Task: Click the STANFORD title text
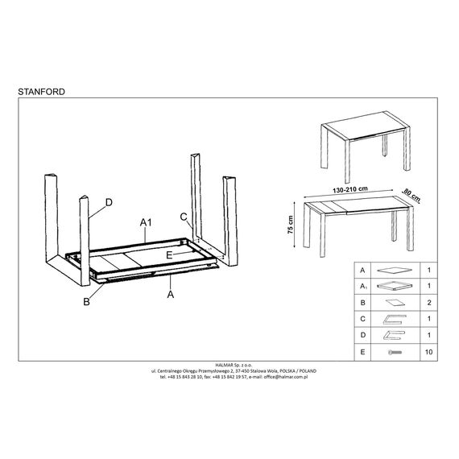tap(42, 92)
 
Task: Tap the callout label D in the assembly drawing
tap(109, 202)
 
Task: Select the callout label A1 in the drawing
tap(146, 223)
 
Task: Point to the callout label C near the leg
tap(184, 217)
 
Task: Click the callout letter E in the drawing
tap(169, 255)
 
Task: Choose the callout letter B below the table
tap(87, 301)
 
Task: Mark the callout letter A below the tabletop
tap(171, 294)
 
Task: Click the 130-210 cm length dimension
tap(349, 189)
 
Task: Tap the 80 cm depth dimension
tap(411, 195)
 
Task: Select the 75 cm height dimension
tap(290, 225)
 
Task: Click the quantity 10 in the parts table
tap(428, 352)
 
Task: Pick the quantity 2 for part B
tap(429, 303)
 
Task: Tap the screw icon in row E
tap(395, 352)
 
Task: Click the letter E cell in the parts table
tap(362, 352)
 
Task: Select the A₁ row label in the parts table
tap(363, 287)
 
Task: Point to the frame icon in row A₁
tap(395, 286)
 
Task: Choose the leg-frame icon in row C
tap(395, 320)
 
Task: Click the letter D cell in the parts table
tap(362, 335)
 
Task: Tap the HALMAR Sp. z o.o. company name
tap(234, 365)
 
